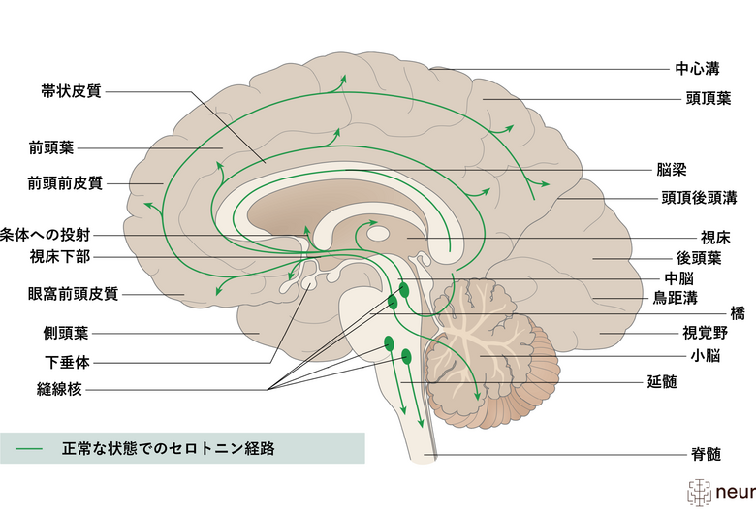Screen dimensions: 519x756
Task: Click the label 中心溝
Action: [697, 70]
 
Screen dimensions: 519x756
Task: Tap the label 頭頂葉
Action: [697, 99]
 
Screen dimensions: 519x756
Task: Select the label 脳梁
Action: [672, 169]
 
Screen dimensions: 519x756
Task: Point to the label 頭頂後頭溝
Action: [700, 198]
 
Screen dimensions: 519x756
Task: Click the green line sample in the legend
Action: [30, 449]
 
